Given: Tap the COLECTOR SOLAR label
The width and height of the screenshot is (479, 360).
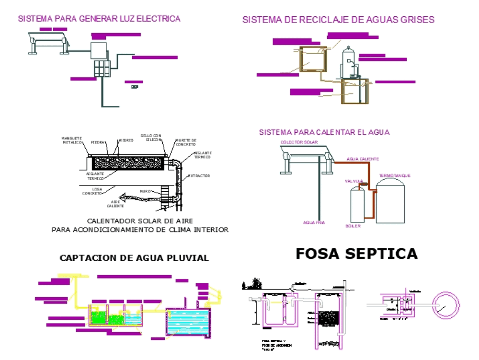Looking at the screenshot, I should [296, 142].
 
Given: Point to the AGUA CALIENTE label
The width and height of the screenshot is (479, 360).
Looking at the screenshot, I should [363, 159].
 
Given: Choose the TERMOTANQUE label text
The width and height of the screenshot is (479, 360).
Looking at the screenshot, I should [395, 176].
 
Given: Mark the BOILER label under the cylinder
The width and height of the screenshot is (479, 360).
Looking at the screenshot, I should [353, 226].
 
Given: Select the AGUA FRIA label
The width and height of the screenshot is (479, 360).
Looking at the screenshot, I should [314, 223].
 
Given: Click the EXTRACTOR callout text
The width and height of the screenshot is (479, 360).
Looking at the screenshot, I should [199, 176].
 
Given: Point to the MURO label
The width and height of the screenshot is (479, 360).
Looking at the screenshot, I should [146, 191].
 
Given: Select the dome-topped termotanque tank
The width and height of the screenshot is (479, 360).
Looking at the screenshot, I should [390, 202].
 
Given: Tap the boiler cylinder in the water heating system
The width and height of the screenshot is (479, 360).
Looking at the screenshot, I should [357, 205].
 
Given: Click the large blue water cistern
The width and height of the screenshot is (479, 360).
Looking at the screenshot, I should [188, 322].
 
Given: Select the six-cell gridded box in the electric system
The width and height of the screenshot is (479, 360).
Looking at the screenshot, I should [102, 69].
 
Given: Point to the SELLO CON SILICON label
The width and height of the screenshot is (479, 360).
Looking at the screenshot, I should [151, 137].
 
